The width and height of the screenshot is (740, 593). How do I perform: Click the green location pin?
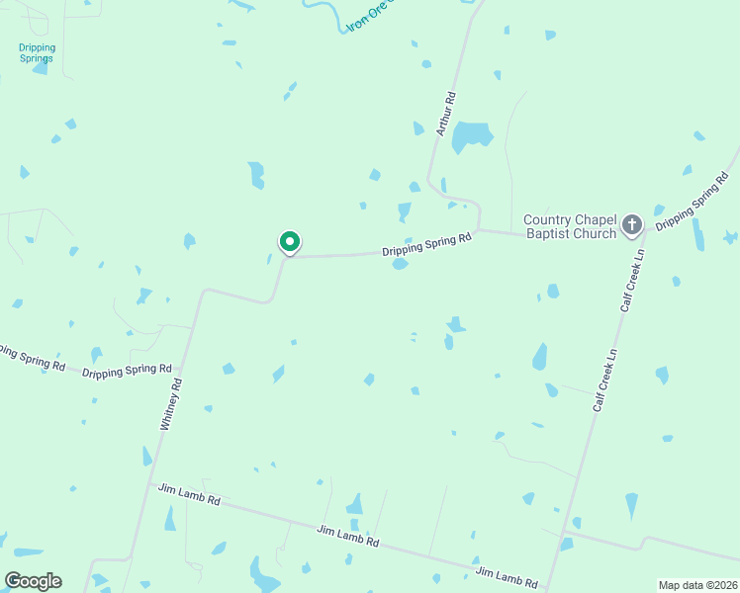click(x=289, y=242)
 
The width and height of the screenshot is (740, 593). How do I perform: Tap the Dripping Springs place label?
click(x=38, y=52)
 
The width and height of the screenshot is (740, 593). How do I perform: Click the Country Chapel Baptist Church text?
click(x=570, y=226)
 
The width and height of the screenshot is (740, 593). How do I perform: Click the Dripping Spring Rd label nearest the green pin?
click(x=426, y=244)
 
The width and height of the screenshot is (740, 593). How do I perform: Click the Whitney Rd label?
click(x=171, y=403)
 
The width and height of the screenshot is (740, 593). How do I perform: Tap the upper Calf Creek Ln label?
click(x=632, y=281)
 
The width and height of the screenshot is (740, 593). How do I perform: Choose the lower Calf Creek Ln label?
click(x=605, y=380)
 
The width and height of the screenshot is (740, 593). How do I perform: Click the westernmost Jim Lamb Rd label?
click(x=189, y=494)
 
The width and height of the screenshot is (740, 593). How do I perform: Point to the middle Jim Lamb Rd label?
click(x=347, y=537)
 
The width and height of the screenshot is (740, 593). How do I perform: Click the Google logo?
click(x=33, y=581)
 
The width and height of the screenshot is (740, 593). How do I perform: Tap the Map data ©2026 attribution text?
click(x=697, y=585)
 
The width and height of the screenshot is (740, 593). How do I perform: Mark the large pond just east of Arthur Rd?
click(x=472, y=136)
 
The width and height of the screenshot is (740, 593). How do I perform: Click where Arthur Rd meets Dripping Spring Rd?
click(x=479, y=231)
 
